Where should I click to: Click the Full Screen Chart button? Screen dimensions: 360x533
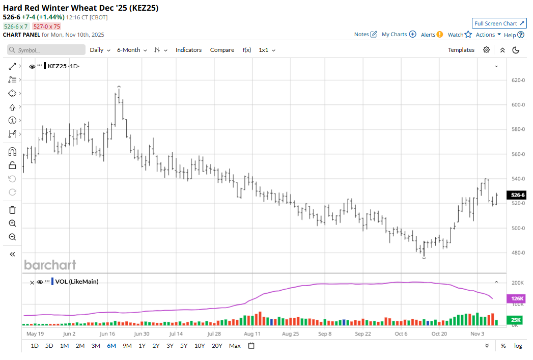[499, 23]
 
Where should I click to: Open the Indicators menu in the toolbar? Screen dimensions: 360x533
[188, 50]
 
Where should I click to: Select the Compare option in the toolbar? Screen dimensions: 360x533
[222, 50]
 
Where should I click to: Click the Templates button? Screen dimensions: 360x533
[461, 50]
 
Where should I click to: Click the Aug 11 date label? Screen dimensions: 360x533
[252, 334]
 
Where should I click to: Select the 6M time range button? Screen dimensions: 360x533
[111, 346]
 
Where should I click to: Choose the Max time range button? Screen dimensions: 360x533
[235, 346]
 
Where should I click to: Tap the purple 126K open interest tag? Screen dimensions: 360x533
[516, 299]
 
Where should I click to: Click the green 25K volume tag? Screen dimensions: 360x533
[516, 320]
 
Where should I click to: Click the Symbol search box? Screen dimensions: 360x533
[46, 50]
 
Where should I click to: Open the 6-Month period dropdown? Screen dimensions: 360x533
[132, 50]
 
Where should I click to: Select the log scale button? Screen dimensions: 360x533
[518, 346]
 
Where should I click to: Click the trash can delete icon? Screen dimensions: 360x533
[13, 210]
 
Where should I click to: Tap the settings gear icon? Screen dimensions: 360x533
[487, 50]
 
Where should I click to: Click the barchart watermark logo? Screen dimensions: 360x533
[50, 265]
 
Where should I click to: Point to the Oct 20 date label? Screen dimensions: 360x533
[439, 334]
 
